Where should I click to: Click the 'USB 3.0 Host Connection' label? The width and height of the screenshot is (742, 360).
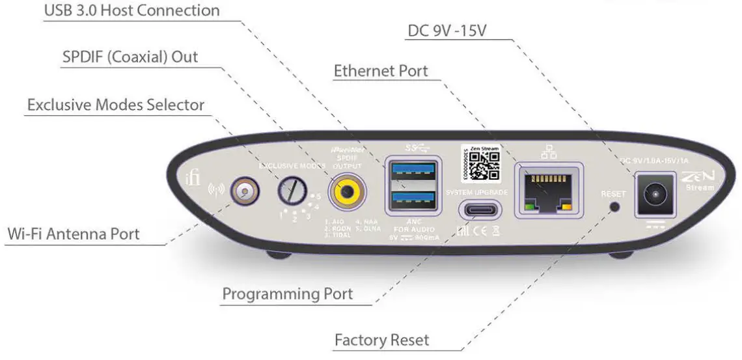coord(131,11)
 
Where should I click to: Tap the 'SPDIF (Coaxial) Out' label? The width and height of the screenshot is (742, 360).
coord(130,57)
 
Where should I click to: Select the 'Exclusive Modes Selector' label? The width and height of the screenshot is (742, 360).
coord(115,105)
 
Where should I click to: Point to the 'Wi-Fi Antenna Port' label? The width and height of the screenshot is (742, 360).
coord(74,234)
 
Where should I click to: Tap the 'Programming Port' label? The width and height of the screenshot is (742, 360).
coord(288,294)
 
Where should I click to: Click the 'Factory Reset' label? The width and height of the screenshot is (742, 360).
coord(381,340)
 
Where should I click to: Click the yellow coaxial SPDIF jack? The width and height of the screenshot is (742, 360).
coord(346,191)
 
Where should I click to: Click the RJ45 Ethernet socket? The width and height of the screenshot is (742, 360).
coord(549,190)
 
